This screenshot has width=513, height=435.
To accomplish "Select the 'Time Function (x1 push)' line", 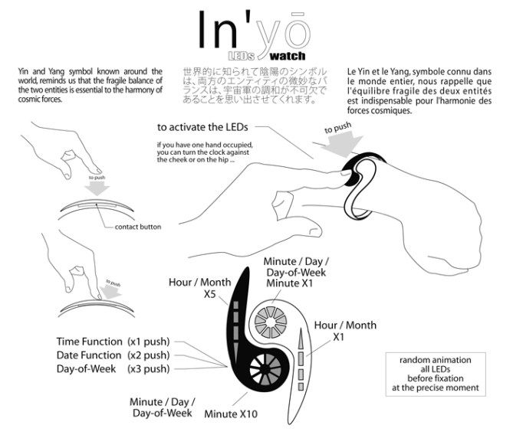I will [113, 342].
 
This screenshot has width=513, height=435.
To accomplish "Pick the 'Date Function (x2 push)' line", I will [113, 355].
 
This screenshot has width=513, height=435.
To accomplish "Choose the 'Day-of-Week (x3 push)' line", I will [113, 369].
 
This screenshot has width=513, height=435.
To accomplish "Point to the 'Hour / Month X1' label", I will [345, 331].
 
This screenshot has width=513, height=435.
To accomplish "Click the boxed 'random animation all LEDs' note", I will [435, 373].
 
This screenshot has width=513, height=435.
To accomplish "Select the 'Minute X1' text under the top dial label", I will [288, 284].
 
